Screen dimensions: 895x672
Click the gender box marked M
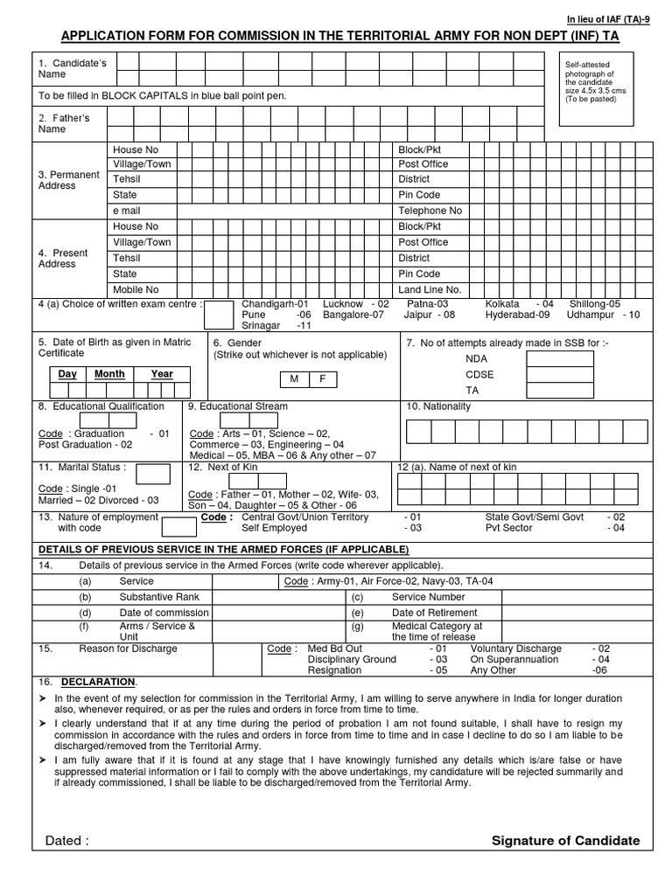(x=293, y=378)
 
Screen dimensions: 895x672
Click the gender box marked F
(x=322, y=378)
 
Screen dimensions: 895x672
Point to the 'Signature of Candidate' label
(x=565, y=841)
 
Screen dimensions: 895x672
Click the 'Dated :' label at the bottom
(x=66, y=841)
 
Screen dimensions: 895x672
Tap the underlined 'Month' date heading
(x=109, y=374)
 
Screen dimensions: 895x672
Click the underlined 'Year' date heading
(x=162, y=374)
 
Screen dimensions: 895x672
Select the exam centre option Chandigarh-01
(x=275, y=302)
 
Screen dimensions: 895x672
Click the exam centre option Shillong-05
(x=594, y=302)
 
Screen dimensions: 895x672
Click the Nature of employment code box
(x=179, y=526)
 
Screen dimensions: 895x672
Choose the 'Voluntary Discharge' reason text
(x=515, y=649)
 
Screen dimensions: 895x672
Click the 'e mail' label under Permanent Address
(x=127, y=211)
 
